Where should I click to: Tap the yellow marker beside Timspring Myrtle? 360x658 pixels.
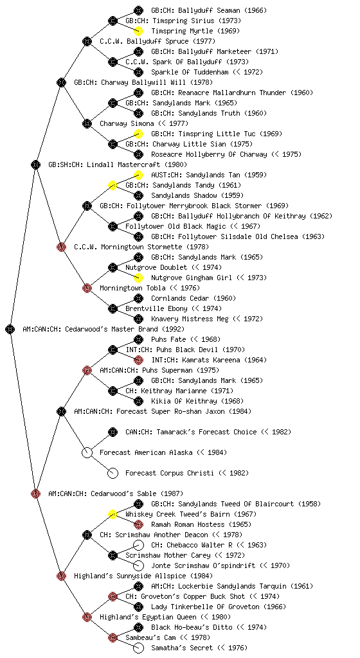coord(138,31)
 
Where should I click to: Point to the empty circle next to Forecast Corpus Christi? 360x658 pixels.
coord(113,473)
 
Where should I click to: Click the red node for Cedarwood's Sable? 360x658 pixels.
coord(35,493)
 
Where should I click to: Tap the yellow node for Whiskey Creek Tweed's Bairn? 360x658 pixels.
coord(113,514)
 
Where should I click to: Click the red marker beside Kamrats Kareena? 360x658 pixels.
coord(138,360)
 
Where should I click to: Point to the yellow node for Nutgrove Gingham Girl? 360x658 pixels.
coord(138,278)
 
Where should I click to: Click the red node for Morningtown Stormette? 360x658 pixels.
coord(61,247)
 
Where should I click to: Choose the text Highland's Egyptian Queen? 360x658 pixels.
coord(148,617)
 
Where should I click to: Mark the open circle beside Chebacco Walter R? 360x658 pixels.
coord(138,545)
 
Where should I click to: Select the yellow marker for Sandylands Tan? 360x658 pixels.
coord(138,175)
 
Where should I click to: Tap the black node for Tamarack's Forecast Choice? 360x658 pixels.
coord(113,432)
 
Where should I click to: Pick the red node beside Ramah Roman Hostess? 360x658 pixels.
coord(138,524)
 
